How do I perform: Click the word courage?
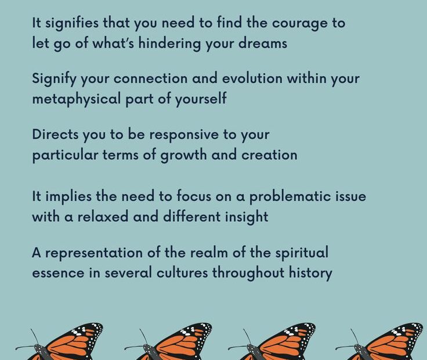pyautogui.click(x=299, y=23)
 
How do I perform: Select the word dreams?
pyautogui.click(x=263, y=43)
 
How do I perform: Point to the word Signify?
pyautogui.click(x=54, y=79)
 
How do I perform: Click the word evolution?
pyautogui.click(x=252, y=78)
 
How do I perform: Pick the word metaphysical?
pyautogui.click(x=76, y=99)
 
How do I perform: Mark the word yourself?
pyautogui.click(x=201, y=99)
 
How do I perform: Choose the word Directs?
pyautogui.click(x=55, y=134)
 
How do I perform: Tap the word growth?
pyautogui.click(x=183, y=156)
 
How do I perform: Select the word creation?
pyautogui.click(x=269, y=155)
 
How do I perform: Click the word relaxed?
pyautogui.click(x=103, y=217)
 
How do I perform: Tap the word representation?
pyautogui.click(x=93, y=253)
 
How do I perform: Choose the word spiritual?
pyautogui.click(x=302, y=253)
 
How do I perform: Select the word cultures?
pyautogui.click(x=182, y=272)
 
